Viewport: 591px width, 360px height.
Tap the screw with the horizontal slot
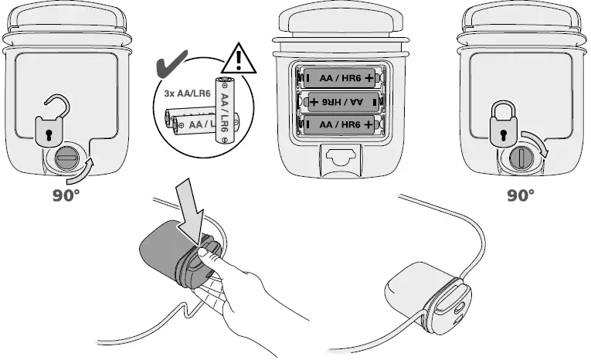[x=66, y=158]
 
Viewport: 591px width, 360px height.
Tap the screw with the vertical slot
[x=521, y=158]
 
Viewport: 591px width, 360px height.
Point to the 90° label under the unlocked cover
[x=66, y=195]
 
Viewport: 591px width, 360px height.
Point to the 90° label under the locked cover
[x=521, y=195]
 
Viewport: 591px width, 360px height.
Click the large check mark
[x=171, y=65]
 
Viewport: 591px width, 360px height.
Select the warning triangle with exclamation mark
[x=238, y=59]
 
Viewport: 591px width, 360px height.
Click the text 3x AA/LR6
[x=187, y=93]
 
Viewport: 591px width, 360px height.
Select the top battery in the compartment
[x=340, y=78]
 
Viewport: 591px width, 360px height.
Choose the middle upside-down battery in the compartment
[x=342, y=102]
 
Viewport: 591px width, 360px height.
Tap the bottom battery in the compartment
[x=340, y=125]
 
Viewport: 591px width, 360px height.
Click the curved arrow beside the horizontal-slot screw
[x=79, y=172]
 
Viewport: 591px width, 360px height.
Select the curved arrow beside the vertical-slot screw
[x=536, y=142]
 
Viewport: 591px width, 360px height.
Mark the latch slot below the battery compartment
[x=341, y=156]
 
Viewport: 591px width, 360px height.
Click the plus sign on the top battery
[x=370, y=78]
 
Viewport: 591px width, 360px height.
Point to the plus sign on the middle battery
[x=314, y=102]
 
